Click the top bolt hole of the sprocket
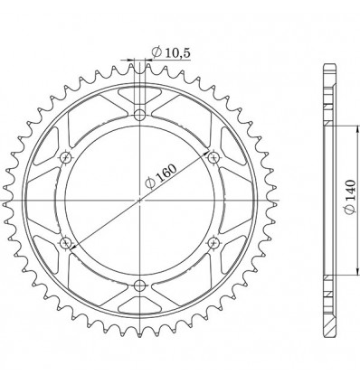click(139, 114)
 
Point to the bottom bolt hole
click(139, 286)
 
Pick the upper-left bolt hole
click(66, 157)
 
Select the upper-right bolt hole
click(213, 157)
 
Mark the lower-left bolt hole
click(66, 243)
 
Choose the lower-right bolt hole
click(213, 243)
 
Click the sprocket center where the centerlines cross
click(139, 200)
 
